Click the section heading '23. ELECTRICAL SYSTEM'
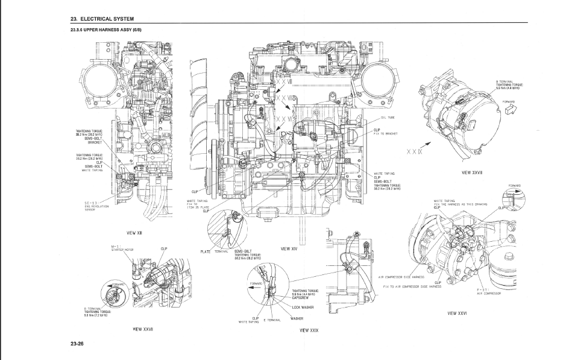102,19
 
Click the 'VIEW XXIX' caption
309,330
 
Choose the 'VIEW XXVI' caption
459,314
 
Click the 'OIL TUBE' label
388,118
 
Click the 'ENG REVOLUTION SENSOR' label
93,207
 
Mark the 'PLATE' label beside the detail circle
206,251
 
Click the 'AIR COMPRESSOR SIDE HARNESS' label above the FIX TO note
401,277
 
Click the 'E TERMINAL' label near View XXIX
273,320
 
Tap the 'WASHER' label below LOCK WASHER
296,318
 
